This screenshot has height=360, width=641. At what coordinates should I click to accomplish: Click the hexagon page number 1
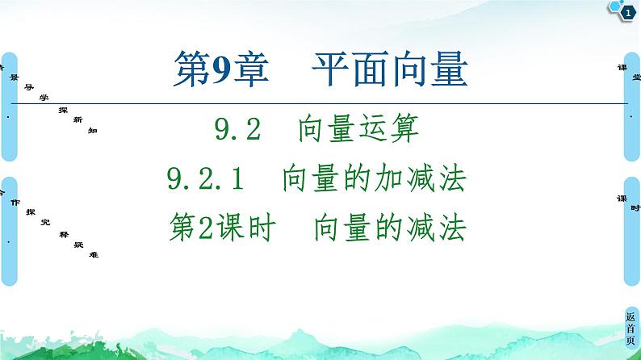coord(627,11)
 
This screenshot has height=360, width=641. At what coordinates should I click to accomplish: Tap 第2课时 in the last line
coord(220,230)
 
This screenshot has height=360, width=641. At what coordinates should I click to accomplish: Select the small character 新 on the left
coord(78,119)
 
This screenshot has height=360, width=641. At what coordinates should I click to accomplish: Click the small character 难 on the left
coord(94,254)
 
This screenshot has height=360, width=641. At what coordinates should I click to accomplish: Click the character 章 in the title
coord(250,70)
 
